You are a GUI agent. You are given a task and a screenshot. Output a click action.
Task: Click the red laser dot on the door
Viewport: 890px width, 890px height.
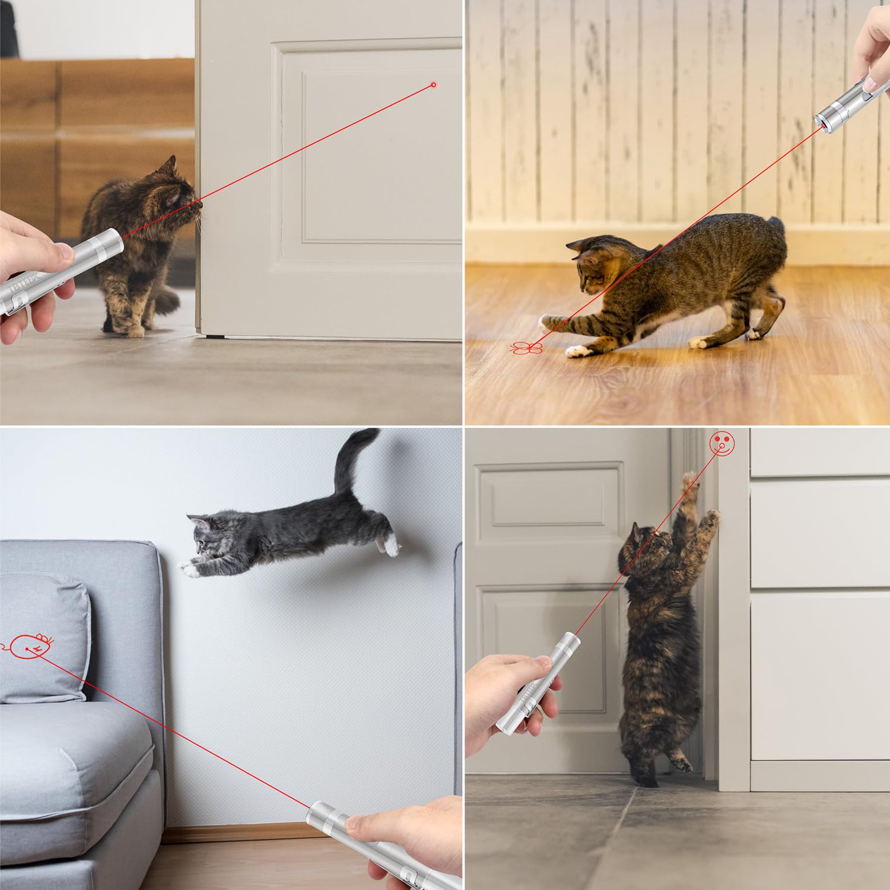(x=433, y=85)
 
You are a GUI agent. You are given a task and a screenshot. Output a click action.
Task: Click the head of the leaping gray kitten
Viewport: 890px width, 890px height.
(x=205, y=532)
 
